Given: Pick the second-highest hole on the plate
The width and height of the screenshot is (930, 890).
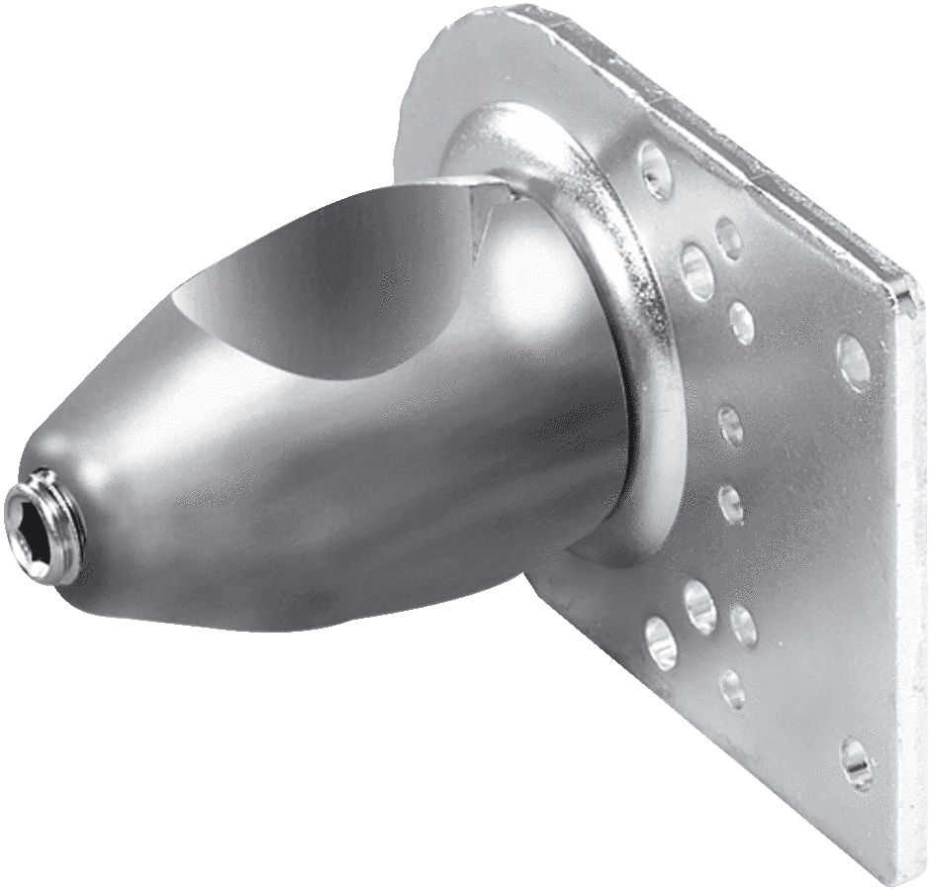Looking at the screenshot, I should (730, 238).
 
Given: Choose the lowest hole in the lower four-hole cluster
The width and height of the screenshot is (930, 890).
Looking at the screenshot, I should (731, 683).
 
